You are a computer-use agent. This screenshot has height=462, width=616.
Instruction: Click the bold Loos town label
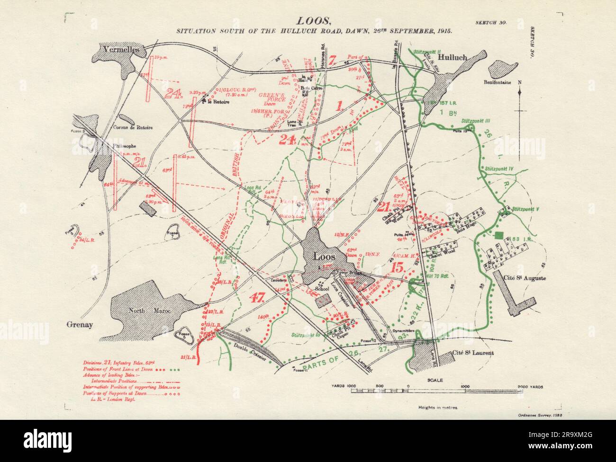[x=325, y=257]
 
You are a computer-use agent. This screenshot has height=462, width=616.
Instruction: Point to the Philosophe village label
[x=124, y=146]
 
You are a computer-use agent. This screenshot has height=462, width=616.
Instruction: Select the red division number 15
[x=398, y=268]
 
